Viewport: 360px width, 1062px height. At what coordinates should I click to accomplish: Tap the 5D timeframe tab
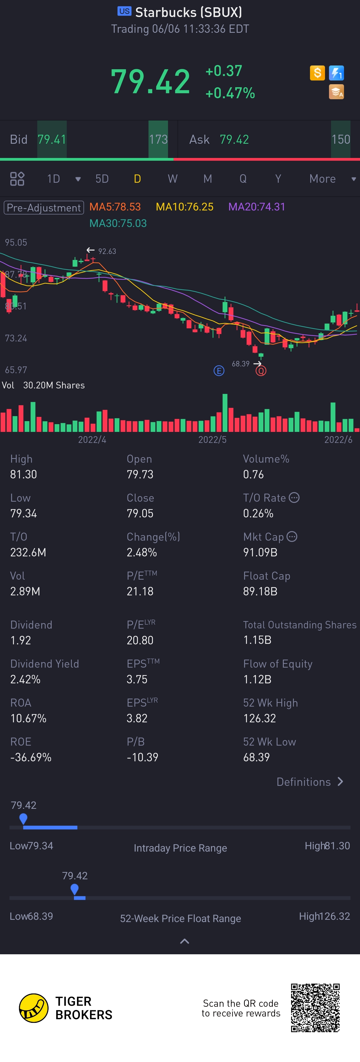pos(102,178)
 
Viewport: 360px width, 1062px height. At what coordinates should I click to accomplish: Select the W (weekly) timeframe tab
pos(172,178)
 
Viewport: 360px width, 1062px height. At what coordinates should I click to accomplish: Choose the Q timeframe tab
pos(243,178)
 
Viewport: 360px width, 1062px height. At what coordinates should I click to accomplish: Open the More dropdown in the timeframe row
pos(332,178)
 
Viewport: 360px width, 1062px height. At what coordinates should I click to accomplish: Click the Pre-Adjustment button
pos(44,207)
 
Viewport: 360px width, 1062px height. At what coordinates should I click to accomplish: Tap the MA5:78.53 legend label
pos(115,206)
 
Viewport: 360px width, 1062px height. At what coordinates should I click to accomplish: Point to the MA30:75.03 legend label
pos(118,223)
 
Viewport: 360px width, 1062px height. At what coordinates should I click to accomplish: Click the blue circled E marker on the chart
pos(219,371)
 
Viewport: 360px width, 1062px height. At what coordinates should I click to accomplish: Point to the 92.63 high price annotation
pos(107,251)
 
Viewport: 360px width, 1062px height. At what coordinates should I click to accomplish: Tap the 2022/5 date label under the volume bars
pos(212,439)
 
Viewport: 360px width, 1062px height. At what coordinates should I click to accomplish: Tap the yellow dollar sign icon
pos(317,73)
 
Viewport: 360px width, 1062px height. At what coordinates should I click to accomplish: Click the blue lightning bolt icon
pos(336,73)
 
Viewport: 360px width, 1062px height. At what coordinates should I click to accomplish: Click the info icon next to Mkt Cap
pos(292,536)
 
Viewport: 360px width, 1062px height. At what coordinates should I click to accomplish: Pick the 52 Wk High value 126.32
pos(259,718)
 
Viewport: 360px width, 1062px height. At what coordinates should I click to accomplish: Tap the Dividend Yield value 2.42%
pos(25,679)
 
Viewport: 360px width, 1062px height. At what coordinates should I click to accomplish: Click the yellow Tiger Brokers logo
pos(34,1008)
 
